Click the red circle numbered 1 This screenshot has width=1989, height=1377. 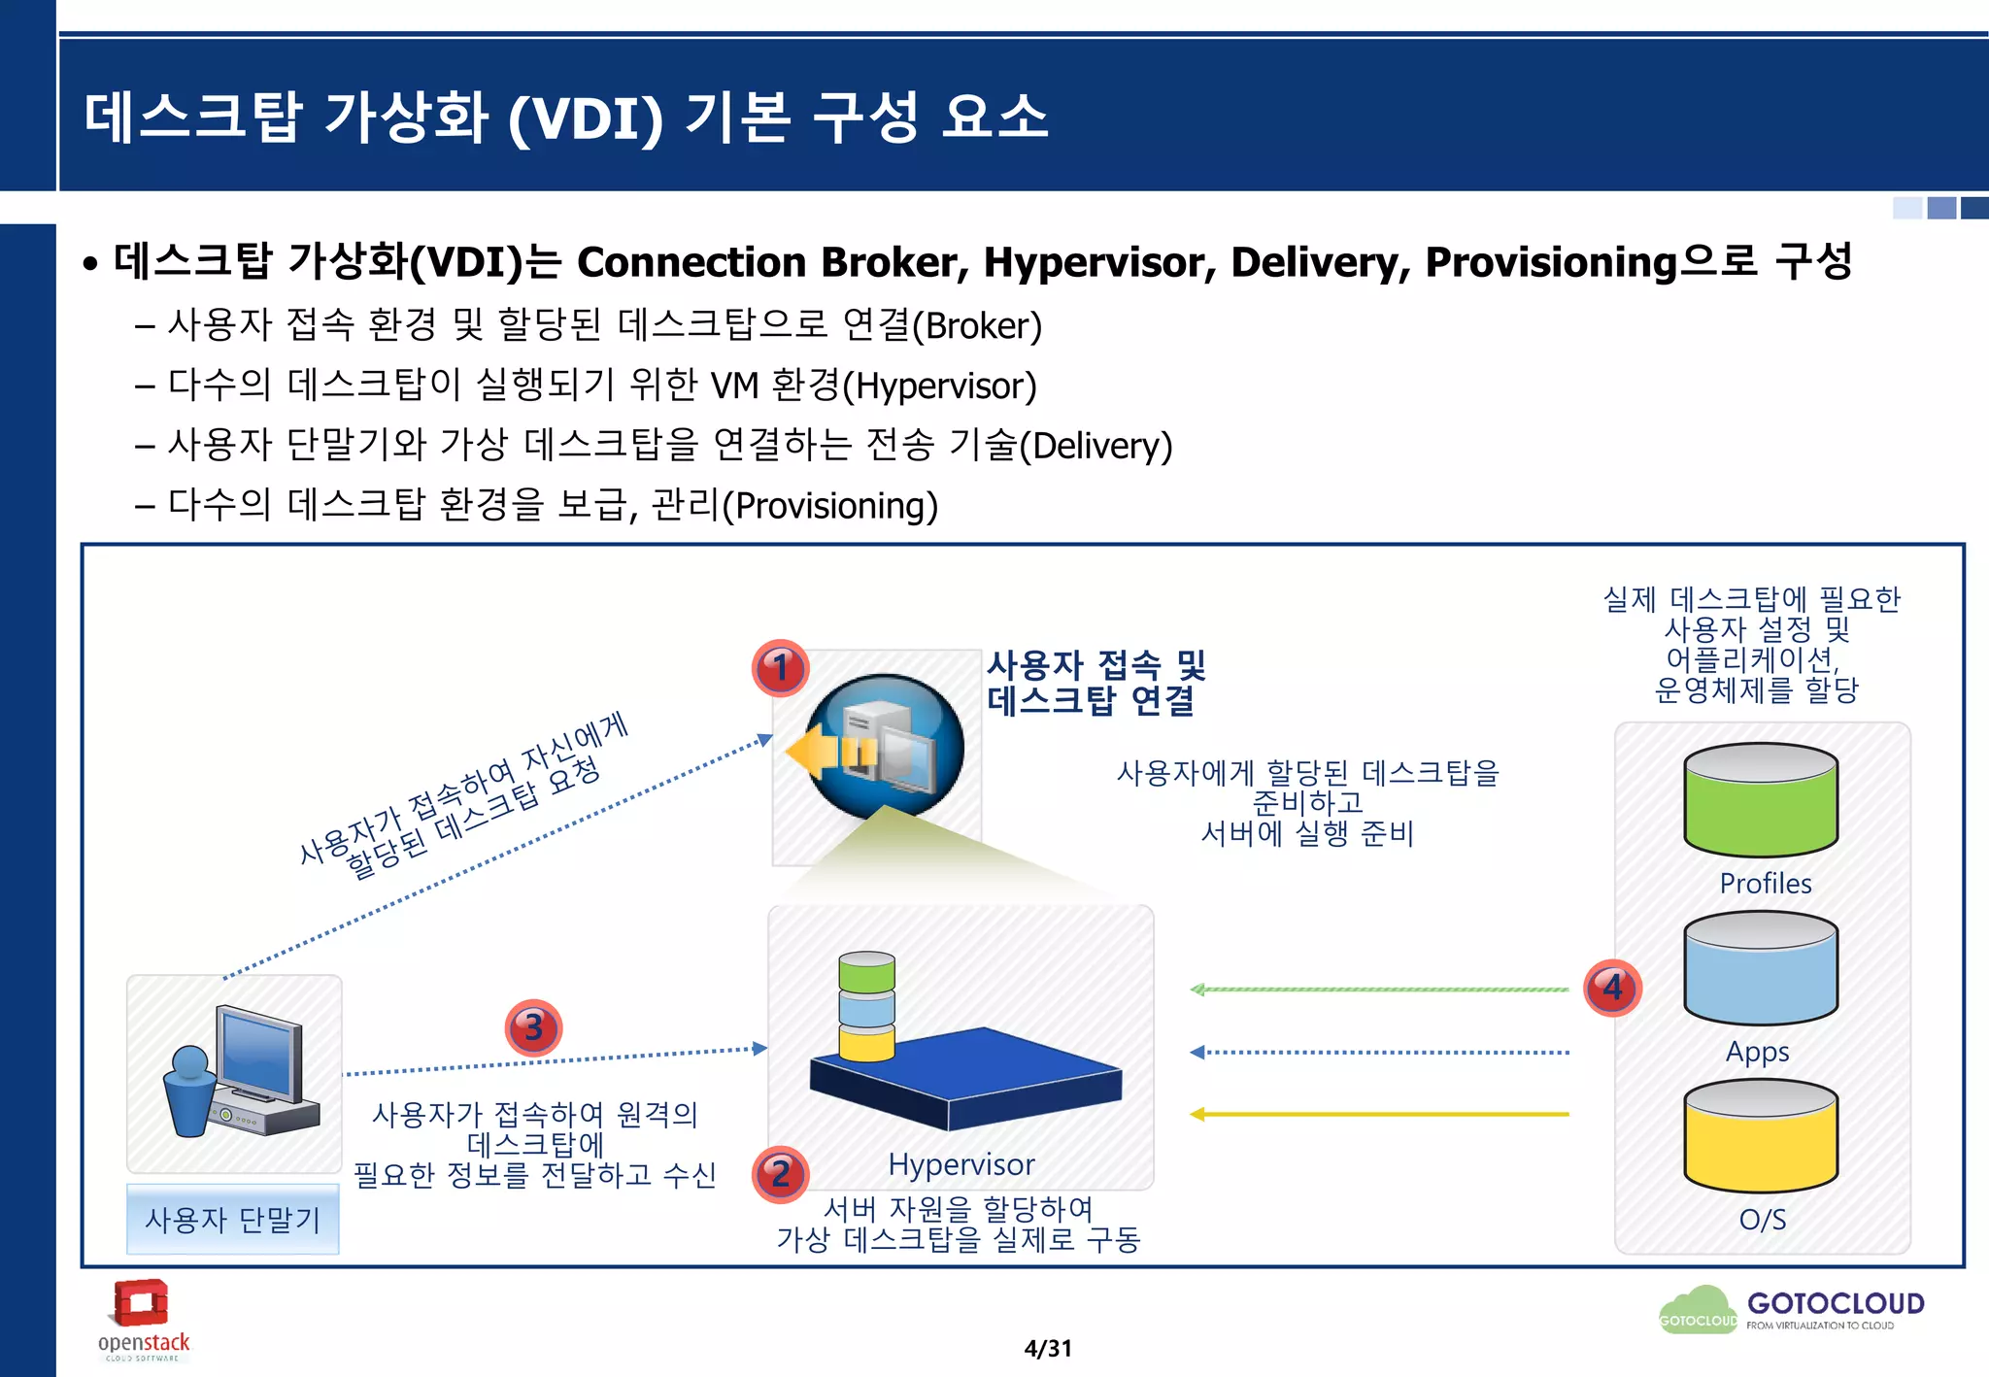coord(780,668)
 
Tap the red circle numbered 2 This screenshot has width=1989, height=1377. coord(780,1174)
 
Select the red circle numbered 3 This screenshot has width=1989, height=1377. coord(533,1027)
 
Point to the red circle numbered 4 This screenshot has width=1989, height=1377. coord(1612,988)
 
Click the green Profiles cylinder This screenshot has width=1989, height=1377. coord(1761,801)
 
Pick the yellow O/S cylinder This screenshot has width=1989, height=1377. coord(1761,1137)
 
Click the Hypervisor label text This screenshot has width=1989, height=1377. coord(961,1164)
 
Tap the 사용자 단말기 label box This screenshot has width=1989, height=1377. coord(233,1220)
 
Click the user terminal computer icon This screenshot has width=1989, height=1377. coord(238,1073)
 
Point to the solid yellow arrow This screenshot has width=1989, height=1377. coord(1379,1114)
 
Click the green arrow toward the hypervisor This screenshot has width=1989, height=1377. coord(1379,990)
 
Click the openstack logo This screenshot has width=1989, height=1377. coord(144,1319)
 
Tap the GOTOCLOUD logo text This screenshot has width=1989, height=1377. coord(1836,1304)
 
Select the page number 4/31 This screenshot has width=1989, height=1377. coord(1048,1349)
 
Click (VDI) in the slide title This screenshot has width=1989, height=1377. coord(586,118)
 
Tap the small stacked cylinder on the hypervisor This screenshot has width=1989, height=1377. coord(866,1007)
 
